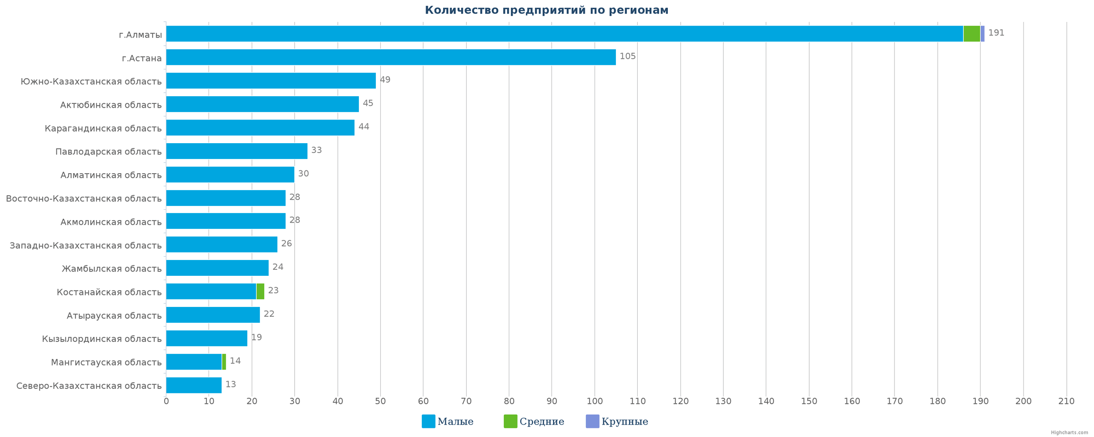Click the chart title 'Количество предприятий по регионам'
pos(546,10)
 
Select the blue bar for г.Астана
pos(391,57)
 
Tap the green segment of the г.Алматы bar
pos(971,34)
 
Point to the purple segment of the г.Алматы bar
pos(982,34)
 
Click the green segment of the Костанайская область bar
pos(260,292)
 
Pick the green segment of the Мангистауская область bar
pos(224,362)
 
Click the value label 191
pos(996,33)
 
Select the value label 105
pos(627,56)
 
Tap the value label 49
pos(385,80)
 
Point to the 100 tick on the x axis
pos(595,401)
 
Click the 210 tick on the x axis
pos(1066,401)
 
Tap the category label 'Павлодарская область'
pos(108,151)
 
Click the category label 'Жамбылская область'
pos(112,268)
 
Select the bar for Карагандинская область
pos(260,128)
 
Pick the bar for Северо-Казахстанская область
pos(194,386)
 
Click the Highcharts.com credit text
pos(1069,433)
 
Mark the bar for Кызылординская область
pos(207,339)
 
